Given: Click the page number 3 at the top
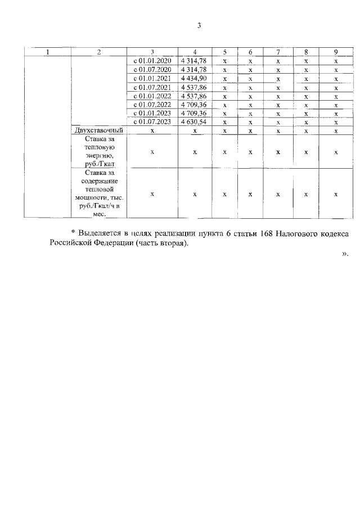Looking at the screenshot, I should pyautogui.click(x=199, y=25).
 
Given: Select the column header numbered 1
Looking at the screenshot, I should pyautogui.click(x=47, y=52).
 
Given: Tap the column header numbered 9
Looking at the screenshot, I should pyautogui.click(x=336, y=52).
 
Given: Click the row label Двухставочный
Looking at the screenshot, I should pyautogui.click(x=98, y=130).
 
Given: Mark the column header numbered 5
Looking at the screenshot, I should pyautogui.click(x=224, y=52).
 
